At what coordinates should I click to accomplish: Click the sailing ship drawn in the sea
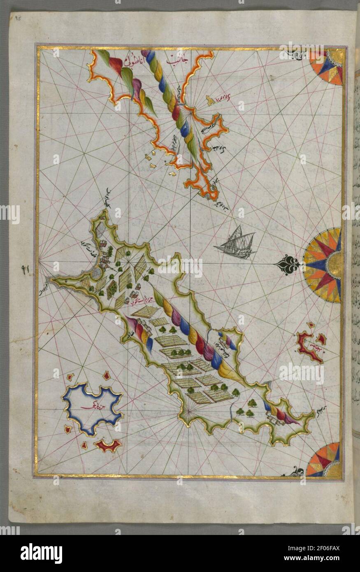coord(236,244)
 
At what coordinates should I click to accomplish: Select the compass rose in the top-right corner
coord(327,67)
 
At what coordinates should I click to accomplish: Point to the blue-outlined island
coord(93,408)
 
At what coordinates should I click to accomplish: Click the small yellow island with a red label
coord(211,100)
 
